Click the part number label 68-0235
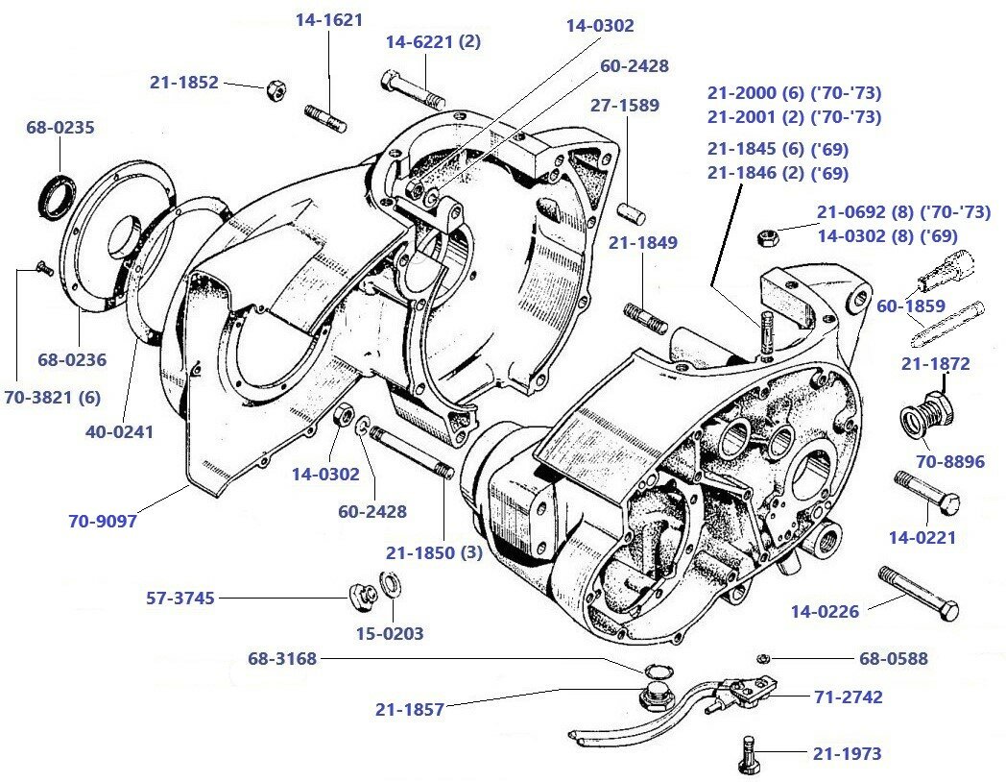[60, 127]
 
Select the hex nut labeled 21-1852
[274, 90]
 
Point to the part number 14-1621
[329, 18]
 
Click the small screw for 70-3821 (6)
[43, 269]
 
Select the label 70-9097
[103, 521]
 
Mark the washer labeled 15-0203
[391, 584]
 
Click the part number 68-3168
[282, 659]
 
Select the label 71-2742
[848, 696]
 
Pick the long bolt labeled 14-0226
[918, 594]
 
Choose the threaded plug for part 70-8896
[923, 413]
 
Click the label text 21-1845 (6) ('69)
[778, 149]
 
